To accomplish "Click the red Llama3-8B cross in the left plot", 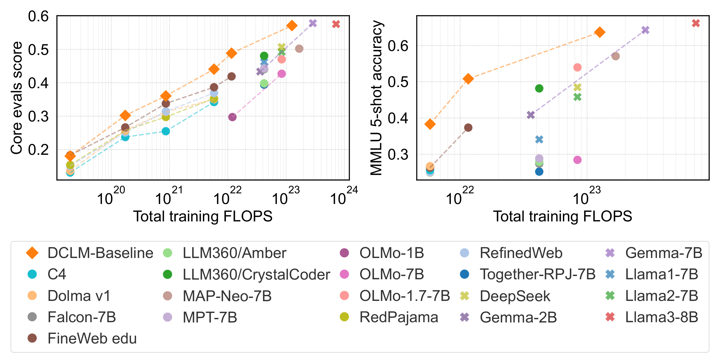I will [x=336, y=24].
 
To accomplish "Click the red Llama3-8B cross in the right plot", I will [x=696, y=23].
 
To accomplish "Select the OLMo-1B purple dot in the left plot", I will [x=232, y=117].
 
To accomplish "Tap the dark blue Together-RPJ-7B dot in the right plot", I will [x=539, y=172].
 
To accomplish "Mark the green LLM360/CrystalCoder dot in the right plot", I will [x=539, y=88].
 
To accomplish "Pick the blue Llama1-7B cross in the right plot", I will [x=539, y=139].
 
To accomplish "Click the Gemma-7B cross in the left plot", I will [x=313, y=23].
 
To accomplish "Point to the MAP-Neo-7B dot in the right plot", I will [x=616, y=56].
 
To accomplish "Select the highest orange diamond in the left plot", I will [x=292, y=26].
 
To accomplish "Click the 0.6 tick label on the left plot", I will [x=38, y=16].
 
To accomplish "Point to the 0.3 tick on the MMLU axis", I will [x=398, y=154].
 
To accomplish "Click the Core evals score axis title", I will [x=16, y=98].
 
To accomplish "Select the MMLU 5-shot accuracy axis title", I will [x=376, y=98].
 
